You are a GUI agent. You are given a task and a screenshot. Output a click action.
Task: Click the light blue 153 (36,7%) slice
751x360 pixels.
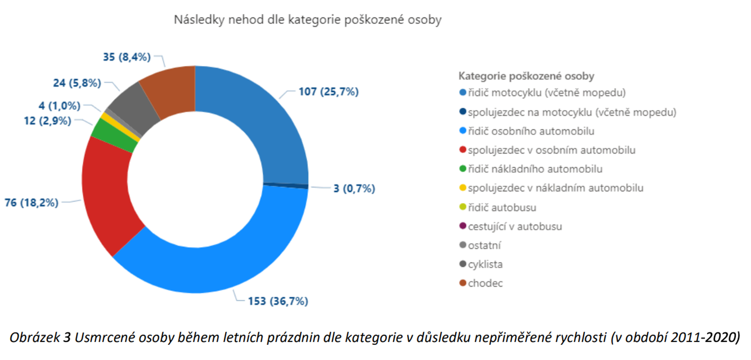[x=219, y=266]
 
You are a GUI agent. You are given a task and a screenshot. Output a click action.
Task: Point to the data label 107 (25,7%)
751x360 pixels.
[x=329, y=92]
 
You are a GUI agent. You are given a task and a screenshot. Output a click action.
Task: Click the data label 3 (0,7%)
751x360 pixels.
[x=354, y=188]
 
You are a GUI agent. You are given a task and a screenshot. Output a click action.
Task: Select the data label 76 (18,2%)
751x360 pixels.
[x=32, y=203]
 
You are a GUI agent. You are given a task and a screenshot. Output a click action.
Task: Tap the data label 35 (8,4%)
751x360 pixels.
[x=127, y=57]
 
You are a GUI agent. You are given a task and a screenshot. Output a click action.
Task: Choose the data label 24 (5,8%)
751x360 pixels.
[x=77, y=83]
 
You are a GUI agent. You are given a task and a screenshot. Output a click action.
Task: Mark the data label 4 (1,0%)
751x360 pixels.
[x=59, y=106]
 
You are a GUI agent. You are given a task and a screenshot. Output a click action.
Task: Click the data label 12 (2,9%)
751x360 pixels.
[x=48, y=121]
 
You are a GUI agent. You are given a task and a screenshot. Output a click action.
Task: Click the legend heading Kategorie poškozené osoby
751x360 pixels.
[x=526, y=76]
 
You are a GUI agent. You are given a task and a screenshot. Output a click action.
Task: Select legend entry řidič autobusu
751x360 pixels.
[x=502, y=208]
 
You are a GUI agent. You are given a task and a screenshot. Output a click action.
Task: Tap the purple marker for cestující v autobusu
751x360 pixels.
[x=463, y=226]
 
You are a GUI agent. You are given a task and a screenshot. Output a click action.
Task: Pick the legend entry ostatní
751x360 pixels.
[x=484, y=245]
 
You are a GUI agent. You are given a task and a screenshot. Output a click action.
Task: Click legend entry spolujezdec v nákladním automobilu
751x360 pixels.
[x=555, y=188]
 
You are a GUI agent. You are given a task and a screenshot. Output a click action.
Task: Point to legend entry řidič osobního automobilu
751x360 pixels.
[x=531, y=131]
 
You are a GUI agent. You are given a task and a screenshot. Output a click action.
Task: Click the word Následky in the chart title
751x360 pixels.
[x=199, y=20]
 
